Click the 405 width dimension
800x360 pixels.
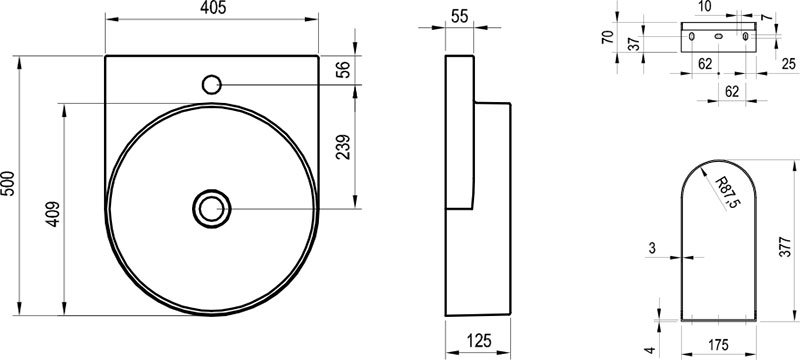tap(212, 8)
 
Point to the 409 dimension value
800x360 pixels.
tap(54, 214)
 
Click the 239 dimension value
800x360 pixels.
tap(343, 147)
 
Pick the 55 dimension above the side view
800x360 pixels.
tap(460, 16)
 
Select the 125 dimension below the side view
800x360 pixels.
tap(478, 340)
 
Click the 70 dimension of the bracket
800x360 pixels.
tap(607, 37)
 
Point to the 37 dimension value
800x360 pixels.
tap(633, 44)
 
